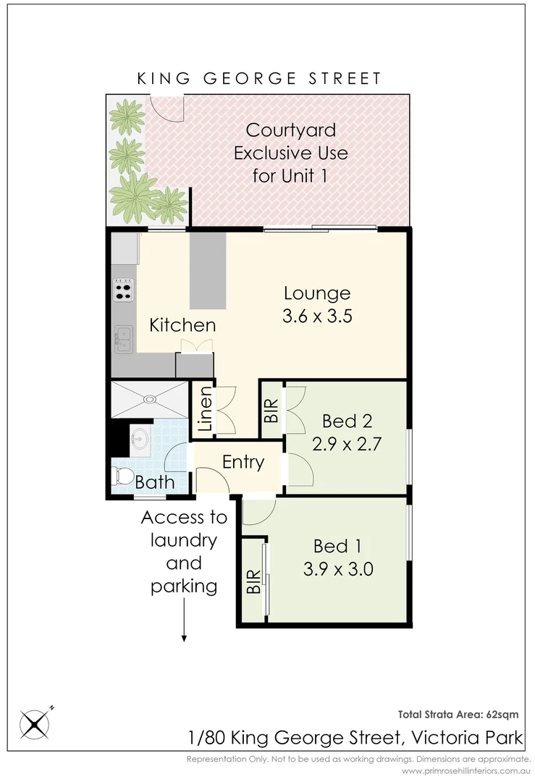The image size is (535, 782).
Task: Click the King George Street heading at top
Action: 259,78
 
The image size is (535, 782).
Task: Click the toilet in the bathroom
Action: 125,476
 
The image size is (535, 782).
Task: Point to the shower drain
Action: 149,398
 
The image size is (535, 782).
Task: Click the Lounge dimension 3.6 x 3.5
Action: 318,316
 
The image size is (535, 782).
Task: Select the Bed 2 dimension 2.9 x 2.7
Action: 340,443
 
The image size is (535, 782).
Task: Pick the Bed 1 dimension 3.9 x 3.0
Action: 339,568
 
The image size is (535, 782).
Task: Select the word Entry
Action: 243,462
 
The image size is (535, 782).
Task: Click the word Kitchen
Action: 182,325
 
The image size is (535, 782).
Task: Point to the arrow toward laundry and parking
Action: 185,623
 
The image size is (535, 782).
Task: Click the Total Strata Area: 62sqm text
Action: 458,714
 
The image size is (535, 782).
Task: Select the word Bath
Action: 155,482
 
